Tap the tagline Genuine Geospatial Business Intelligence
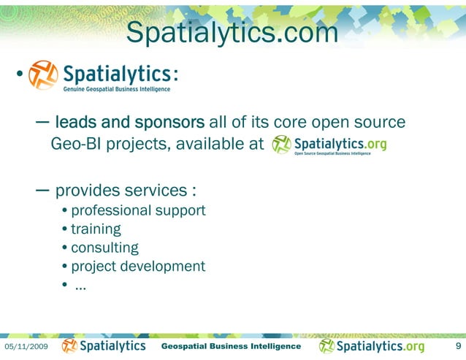coord(116,90)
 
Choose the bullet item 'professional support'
coord(138,211)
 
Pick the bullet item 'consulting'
coord(104,248)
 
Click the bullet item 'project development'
coord(138,266)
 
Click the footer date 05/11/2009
coord(27,346)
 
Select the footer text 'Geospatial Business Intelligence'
coord(230,345)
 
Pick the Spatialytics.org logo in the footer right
coord(372,345)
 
